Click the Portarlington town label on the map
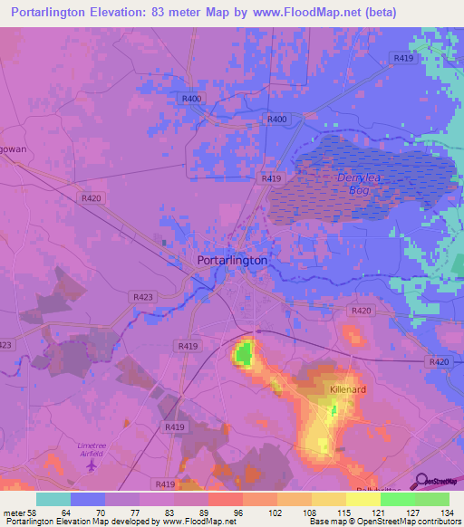[x=232, y=260]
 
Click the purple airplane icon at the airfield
[x=93, y=465]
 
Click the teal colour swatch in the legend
[x=53, y=499]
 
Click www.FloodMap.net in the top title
[x=311, y=13]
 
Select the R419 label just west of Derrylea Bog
[x=270, y=179]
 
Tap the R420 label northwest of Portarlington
[x=91, y=197]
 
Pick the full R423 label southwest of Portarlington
[x=142, y=296]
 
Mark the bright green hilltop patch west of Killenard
[x=243, y=353]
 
